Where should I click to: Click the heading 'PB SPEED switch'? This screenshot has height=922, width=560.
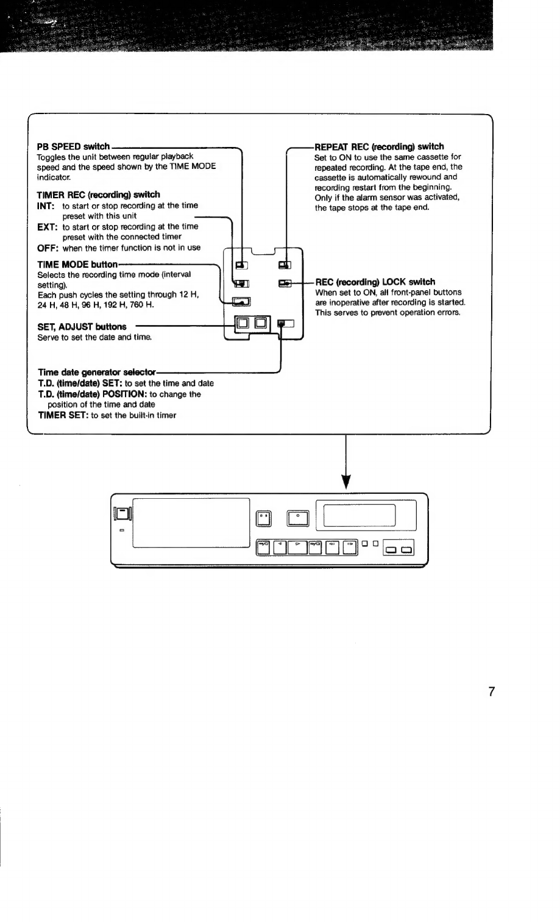tap(73, 146)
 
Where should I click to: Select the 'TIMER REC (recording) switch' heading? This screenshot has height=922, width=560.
tap(98, 195)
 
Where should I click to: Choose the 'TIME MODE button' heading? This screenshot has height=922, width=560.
tap(77, 264)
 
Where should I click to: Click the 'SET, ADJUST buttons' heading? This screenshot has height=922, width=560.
tap(82, 327)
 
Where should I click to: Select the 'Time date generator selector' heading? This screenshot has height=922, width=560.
tap(97, 373)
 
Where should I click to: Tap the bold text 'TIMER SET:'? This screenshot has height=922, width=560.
tap(63, 415)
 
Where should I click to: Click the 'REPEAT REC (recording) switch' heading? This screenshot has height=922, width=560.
tap(379, 147)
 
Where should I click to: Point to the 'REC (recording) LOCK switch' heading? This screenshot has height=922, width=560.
tap(375, 282)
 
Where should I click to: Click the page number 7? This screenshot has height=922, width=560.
tap(491, 691)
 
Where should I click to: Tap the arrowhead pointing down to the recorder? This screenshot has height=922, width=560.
tap(346, 482)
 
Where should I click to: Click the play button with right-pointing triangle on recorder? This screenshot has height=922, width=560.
tap(298, 548)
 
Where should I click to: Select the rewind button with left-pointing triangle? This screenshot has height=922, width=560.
tap(279, 548)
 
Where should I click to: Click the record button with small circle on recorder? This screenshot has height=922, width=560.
tap(298, 518)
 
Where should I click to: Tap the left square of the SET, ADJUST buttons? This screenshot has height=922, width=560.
tap(243, 323)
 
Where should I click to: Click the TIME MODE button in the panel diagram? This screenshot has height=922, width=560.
tap(241, 302)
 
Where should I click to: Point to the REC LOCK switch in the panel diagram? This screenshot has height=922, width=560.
tap(285, 283)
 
